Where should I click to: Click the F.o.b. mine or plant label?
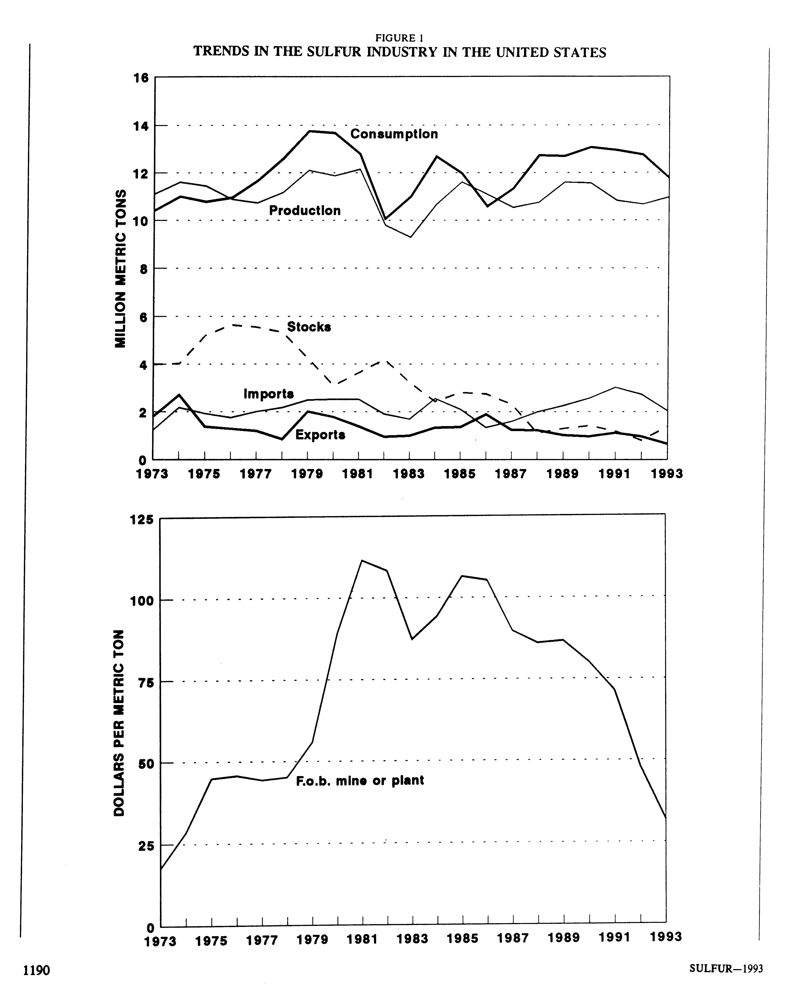(359, 780)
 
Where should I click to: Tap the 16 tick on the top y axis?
(142, 78)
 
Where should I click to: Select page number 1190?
(36, 971)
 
